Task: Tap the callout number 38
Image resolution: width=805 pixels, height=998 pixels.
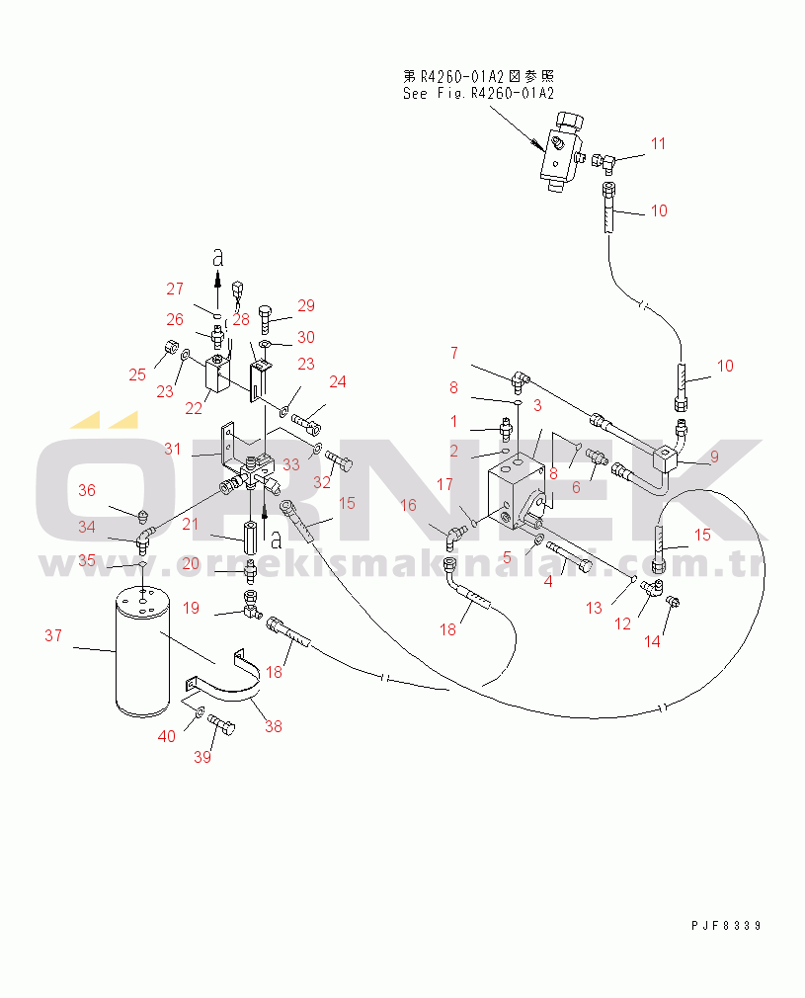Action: [274, 726]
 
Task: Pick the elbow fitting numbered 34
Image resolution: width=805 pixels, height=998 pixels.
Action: [146, 536]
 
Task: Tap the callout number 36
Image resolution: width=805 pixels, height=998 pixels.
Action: [88, 490]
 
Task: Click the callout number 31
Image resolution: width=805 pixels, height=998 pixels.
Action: [173, 449]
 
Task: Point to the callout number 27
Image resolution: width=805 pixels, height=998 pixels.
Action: [175, 289]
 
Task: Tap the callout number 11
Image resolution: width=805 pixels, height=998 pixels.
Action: [658, 144]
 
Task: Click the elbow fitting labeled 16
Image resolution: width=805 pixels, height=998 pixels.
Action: [454, 537]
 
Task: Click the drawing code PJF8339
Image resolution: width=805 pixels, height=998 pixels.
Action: [726, 926]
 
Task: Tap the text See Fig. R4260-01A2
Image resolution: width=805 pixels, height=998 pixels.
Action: [478, 94]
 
